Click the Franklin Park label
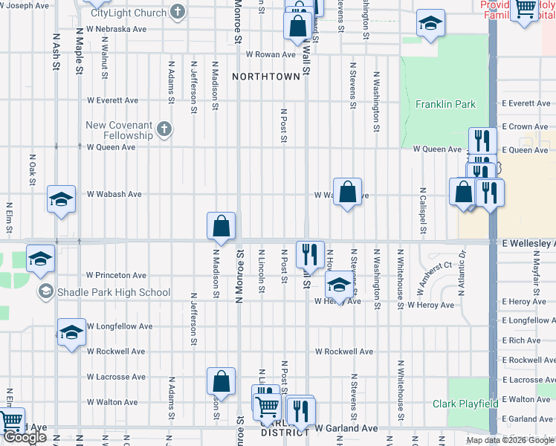point(445,105)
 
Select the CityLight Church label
point(129,13)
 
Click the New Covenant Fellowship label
point(119,130)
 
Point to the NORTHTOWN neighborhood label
point(265,77)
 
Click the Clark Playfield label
point(465,404)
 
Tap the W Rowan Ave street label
point(271,54)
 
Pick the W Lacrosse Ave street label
point(113,377)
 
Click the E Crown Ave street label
point(525,127)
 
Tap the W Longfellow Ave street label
point(119,326)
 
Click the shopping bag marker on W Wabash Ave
point(347,192)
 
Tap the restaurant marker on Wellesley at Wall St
point(310,253)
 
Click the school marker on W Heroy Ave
point(339,285)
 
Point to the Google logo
point(25,437)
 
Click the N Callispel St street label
point(421,210)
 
